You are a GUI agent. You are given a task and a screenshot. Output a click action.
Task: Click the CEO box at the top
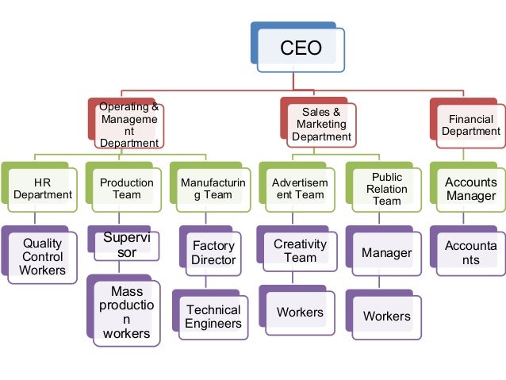[x=301, y=48]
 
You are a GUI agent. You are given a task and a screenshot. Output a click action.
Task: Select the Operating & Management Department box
[x=129, y=125]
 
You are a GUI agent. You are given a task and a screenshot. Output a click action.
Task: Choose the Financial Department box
[x=471, y=125]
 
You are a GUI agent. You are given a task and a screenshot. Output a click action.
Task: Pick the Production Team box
[x=127, y=189]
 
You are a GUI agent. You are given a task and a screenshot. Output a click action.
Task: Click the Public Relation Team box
[x=386, y=189]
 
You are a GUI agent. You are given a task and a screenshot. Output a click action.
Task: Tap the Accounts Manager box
[x=471, y=189]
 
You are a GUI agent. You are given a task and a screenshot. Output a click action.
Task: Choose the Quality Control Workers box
[x=43, y=257]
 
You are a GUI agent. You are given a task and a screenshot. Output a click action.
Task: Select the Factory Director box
[x=214, y=253]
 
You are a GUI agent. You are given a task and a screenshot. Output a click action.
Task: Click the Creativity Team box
[x=300, y=251]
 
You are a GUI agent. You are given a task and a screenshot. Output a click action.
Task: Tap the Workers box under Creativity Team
[x=300, y=312]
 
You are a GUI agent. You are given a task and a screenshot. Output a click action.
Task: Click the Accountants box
[x=471, y=253]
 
